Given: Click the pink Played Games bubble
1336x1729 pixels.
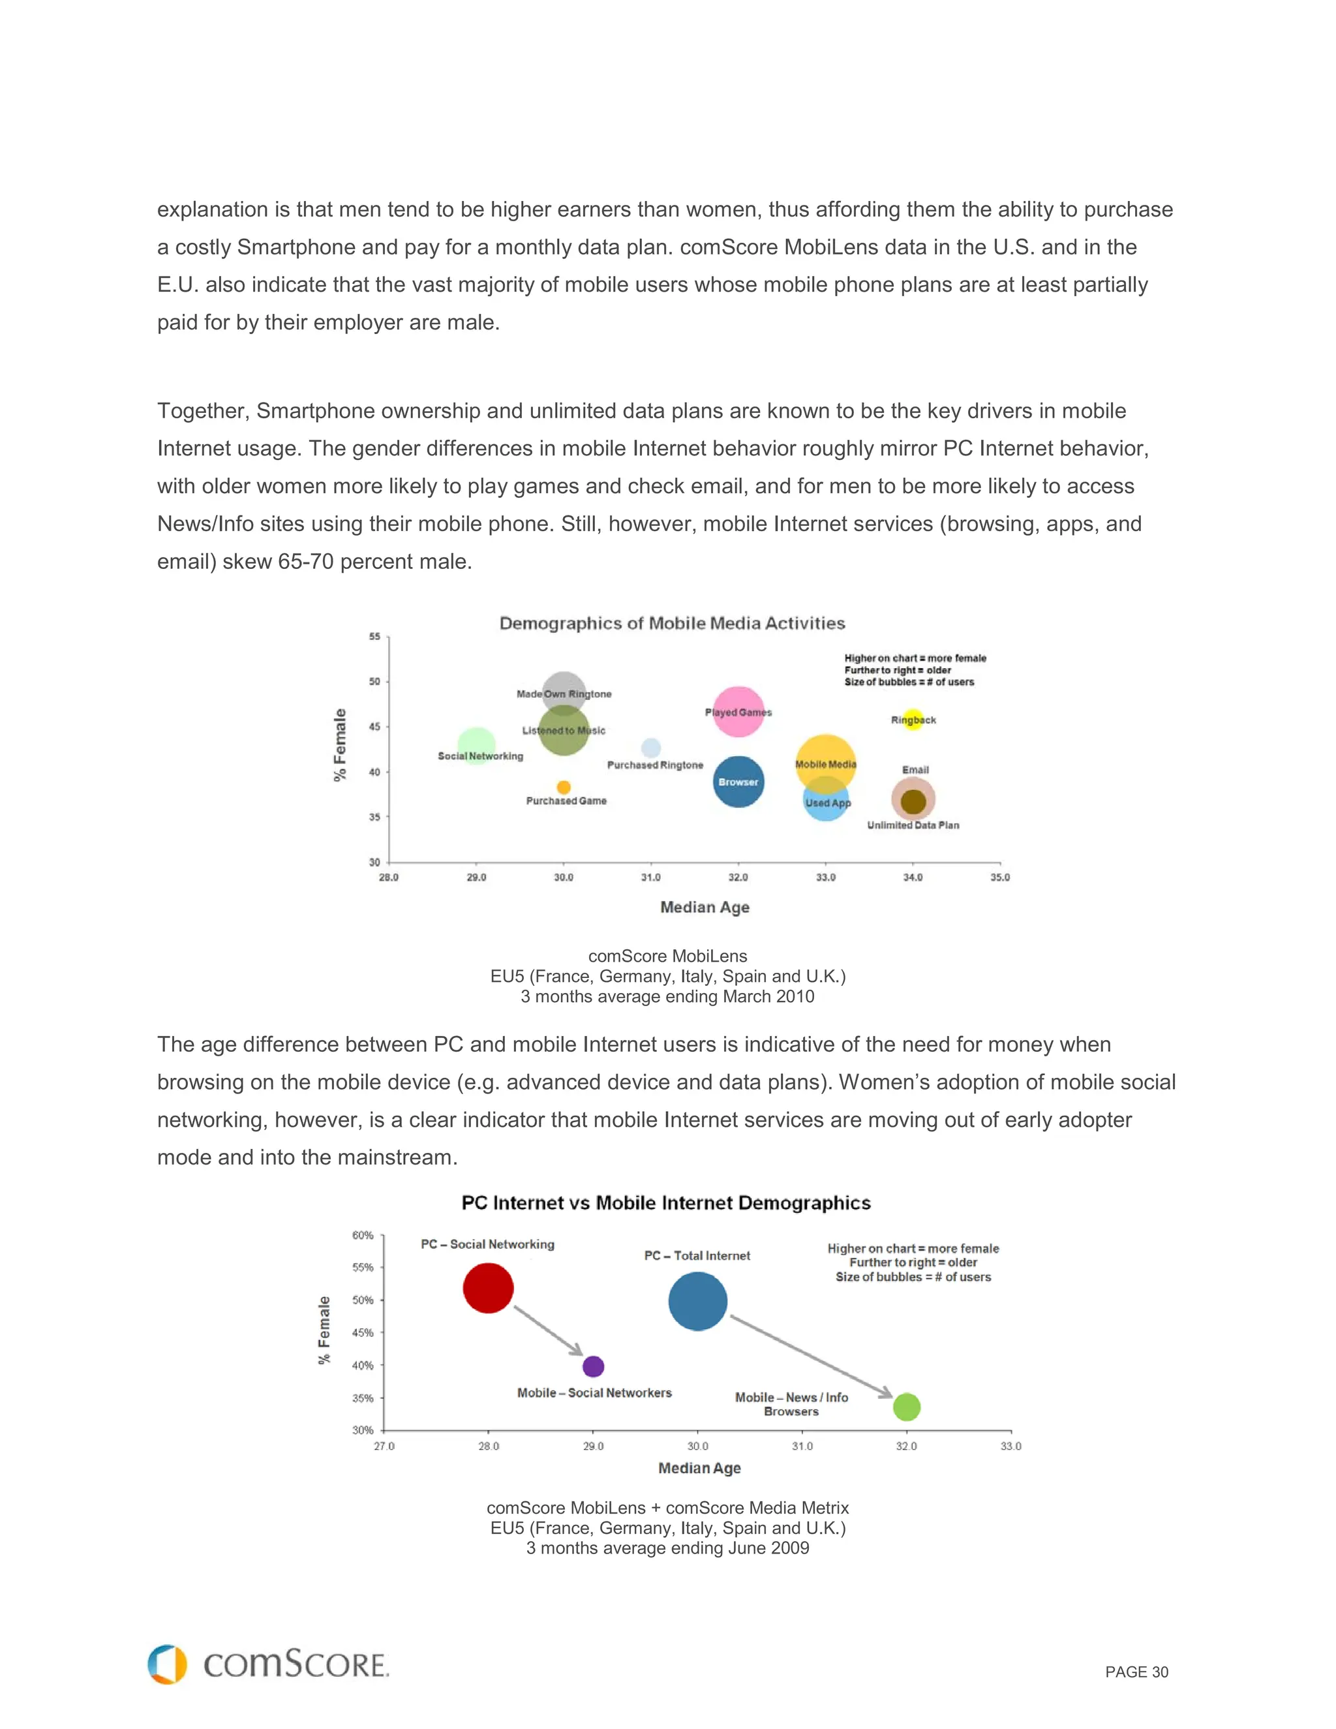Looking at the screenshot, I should pos(738,712).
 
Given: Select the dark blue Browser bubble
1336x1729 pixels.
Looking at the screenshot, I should pos(738,782).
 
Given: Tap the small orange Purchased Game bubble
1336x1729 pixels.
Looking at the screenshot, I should pos(564,787).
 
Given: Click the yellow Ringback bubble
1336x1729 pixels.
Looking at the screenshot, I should pos(913,719).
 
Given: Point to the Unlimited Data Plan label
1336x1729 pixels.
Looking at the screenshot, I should pos(913,825).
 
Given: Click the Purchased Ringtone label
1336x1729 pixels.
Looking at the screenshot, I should pos(654,765).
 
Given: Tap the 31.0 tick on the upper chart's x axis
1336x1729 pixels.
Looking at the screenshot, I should pos(650,877).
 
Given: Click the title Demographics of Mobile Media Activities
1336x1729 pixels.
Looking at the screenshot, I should pos(672,623).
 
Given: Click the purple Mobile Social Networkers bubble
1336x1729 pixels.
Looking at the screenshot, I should pos(593,1366).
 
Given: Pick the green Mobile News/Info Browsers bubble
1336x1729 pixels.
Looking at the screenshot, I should pos(906,1407).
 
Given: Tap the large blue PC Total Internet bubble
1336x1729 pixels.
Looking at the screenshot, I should pos(697,1301).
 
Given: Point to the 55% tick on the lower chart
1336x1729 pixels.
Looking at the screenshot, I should pos(363,1268).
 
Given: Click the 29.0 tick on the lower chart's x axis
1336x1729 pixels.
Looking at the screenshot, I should pos(593,1446).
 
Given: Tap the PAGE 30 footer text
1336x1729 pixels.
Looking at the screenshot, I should pos(1136,1672).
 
